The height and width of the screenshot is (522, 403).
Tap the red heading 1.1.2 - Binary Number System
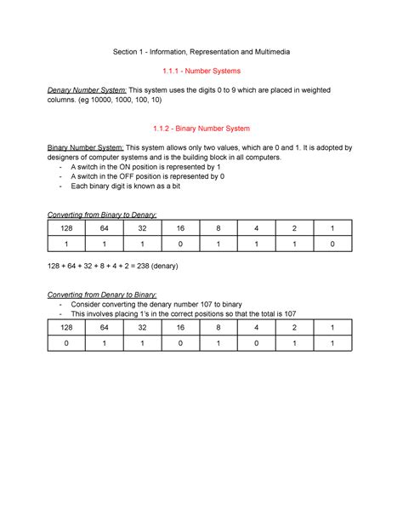coord(201,129)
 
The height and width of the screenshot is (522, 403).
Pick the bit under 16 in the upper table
coord(180,245)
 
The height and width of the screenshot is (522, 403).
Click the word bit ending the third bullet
coord(173,186)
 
